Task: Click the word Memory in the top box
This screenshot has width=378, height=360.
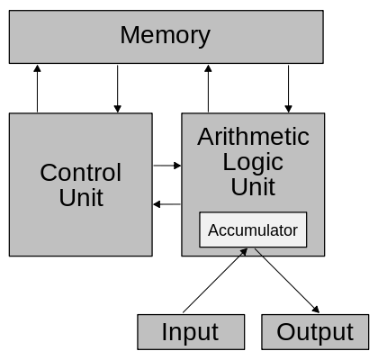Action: click(x=165, y=36)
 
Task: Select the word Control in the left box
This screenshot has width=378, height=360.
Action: click(x=80, y=173)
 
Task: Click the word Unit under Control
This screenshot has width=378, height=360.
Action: click(x=81, y=198)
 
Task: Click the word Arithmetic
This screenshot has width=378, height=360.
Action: click(x=253, y=137)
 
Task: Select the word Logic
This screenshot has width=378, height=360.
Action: click(x=253, y=162)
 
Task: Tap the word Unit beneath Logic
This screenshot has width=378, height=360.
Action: click(x=253, y=187)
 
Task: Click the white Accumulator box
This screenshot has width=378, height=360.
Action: click(x=253, y=230)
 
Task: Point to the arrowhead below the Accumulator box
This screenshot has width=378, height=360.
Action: click(x=244, y=253)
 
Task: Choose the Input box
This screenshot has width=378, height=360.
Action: click(x=190, y=332)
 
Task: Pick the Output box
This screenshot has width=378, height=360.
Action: click(x=315, y=332)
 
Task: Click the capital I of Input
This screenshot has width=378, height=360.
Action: click(x=165, y=332)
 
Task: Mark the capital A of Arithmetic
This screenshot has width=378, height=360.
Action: click(x=205, y=137)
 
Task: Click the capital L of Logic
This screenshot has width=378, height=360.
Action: click(x=229, y=162)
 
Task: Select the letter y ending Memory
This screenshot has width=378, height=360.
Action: click(x=203, y=39)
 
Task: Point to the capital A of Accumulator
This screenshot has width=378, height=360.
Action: click(x=213, y=230)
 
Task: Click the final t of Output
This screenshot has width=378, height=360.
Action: click(x=350, y=332)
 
